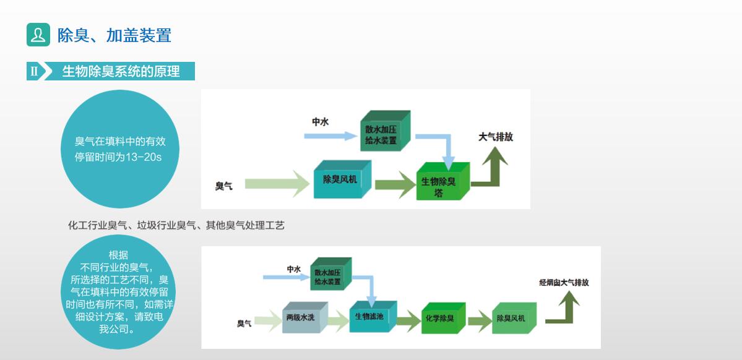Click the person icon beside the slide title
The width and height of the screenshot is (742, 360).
pos(38,35)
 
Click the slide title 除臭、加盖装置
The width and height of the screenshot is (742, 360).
pos(114,35)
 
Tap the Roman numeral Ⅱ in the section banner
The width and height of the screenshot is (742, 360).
pos(34,71)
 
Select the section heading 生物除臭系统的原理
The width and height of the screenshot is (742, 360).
pos(121,71)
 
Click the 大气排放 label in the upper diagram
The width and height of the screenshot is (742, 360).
pos(495,137)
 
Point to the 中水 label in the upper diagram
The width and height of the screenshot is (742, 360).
pos(320,122)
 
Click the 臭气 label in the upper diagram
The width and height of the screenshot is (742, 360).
pos(223,186)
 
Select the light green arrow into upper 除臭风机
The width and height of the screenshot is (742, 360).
pos(276,184)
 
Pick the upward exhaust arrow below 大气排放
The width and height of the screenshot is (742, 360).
pos(493,169)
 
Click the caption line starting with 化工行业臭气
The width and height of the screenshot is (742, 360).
pos(176,226)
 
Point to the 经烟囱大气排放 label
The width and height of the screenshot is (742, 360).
pos(563,283)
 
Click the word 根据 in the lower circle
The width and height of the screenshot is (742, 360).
pos(118,255)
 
